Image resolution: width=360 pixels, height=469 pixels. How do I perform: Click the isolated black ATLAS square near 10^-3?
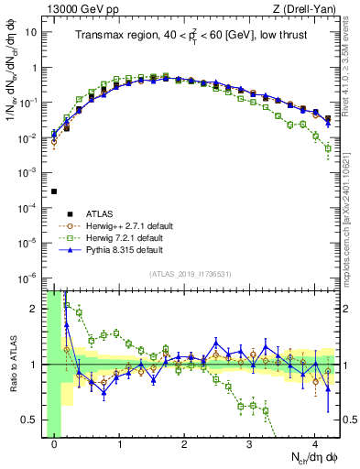point(54,191)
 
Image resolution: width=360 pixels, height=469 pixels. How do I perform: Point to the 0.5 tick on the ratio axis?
point(35,420)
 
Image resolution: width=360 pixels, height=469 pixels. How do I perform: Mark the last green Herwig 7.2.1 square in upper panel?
point(328,148)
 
